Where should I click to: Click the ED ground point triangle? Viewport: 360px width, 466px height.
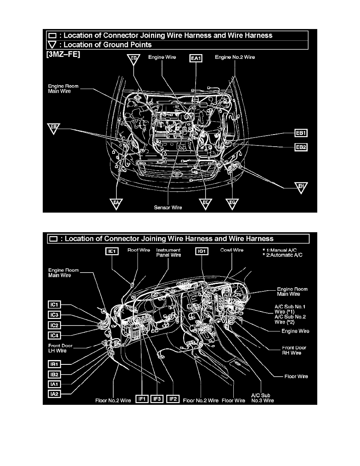click(134, 59)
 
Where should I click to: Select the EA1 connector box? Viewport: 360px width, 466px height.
click(196, 58)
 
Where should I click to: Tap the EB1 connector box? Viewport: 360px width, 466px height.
click(301, 133)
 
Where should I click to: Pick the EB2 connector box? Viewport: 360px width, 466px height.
click(301, 147)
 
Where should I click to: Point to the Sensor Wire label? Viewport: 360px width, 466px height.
click(168, 207)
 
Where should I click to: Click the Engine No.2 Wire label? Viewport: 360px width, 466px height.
click(235, 57)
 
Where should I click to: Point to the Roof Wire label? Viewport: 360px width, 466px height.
click(138, 250)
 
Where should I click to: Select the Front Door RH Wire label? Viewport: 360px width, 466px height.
click(294, 350)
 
